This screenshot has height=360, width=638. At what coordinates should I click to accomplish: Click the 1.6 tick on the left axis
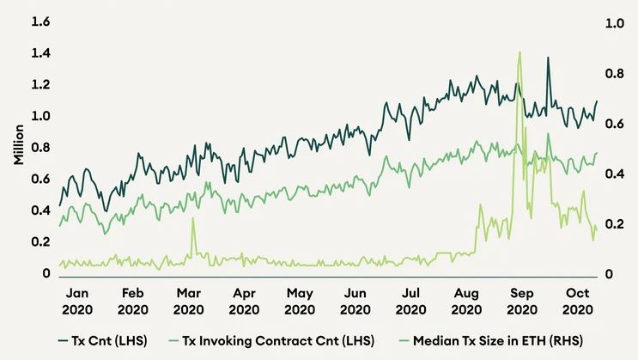tap(39, 22)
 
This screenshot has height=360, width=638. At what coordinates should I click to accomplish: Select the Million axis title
tap(18, 148)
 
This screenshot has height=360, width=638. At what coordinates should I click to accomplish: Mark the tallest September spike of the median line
tap(520, 52)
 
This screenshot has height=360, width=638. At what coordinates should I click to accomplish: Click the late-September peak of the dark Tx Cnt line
tap(548, 58)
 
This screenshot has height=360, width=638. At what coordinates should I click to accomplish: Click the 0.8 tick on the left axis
tap(39, 148)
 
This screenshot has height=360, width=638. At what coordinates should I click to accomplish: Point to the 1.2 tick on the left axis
tap(39, 85)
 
